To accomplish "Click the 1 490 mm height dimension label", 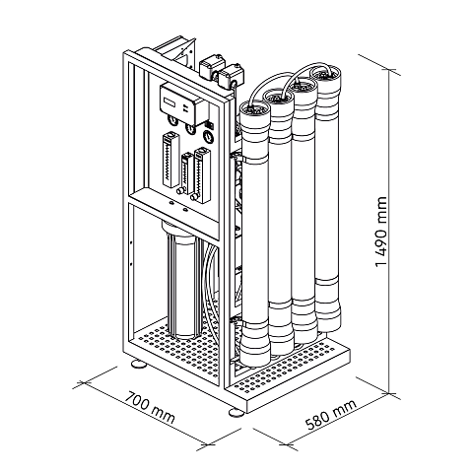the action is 380,232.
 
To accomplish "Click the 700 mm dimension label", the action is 150,407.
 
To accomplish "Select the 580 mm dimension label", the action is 330,415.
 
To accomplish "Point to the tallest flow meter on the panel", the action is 170,160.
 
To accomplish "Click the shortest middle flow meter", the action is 187,173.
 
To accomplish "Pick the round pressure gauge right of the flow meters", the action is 207,136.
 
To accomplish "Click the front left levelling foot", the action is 139,364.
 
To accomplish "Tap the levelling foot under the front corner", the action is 236,412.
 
